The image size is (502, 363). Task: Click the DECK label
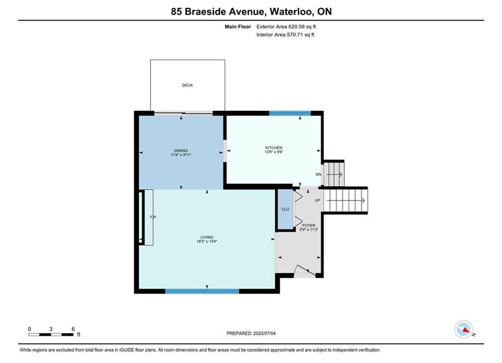pos(188,85)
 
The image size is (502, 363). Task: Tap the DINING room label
pos(181,151)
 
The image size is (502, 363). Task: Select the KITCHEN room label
pos(274,148)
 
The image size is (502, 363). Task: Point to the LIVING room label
pos(207,237)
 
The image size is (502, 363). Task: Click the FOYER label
pos(309,225)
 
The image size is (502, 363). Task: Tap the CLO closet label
pos(285,209)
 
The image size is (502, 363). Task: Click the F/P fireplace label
pos(153,217)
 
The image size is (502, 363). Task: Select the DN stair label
pos(318,174)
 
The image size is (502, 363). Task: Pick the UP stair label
pos(317,201)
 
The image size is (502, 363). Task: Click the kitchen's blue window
pos(290,113)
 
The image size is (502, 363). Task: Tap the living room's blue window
pos(202,291)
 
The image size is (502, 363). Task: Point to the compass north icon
pos(463,329)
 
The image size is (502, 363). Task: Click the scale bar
pos(50,335)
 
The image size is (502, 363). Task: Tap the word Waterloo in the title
pos(291,12)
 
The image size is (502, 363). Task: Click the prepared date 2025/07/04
pos(264,333)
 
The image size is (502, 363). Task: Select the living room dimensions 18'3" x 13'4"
pos(207,241)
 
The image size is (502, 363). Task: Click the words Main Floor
pos(238,27)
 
